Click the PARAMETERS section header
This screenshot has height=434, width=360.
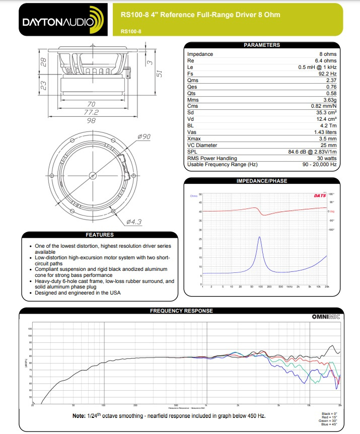tap(261, 45)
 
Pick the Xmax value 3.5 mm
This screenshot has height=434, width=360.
tap(327, 139)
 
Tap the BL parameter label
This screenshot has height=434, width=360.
tap(190, 126)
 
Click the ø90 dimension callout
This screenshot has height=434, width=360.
tap(143, 137)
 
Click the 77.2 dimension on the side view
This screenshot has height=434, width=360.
tap(91, 112)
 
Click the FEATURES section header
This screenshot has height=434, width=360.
tap(100, 235)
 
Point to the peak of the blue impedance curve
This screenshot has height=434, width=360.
tap(260, 237)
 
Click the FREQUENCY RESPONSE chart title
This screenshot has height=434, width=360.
tap(181, 311)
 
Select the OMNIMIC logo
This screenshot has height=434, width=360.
tap(326, 317)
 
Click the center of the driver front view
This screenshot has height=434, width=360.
tap(93, 175)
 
